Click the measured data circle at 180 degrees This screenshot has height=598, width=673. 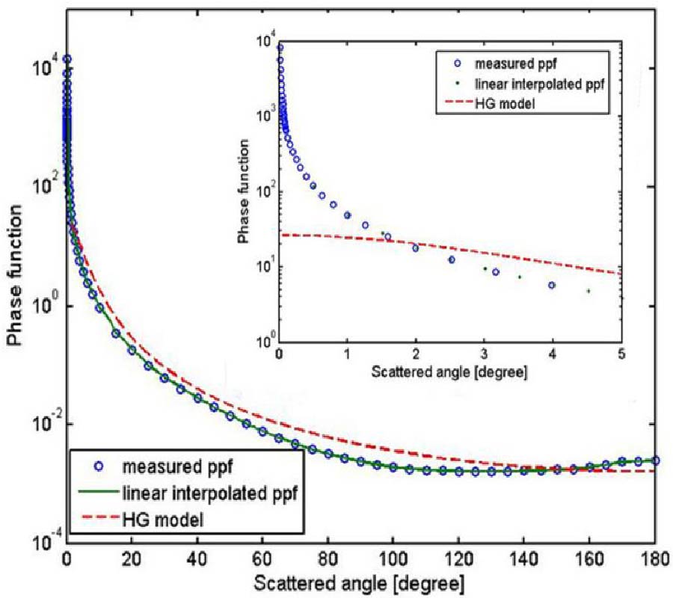[x=656, y=460]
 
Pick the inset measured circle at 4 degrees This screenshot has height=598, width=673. [x=552, y=285]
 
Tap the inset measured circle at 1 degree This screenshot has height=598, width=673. [x=347, y=215]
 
